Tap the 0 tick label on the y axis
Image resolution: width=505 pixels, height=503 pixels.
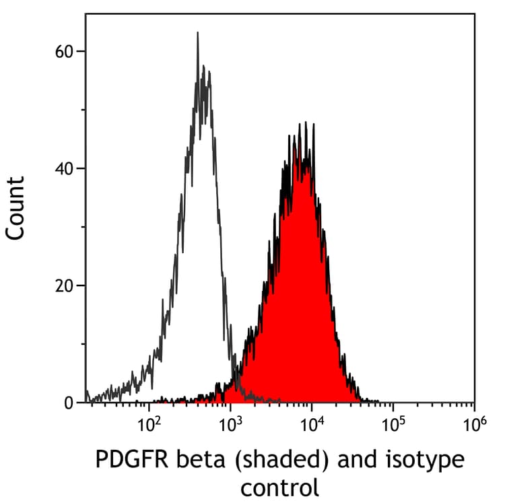[x=69, y=403]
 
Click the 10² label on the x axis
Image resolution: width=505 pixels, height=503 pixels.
[x=149, y=424]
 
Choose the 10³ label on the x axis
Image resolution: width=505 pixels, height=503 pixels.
[x=231, y=424]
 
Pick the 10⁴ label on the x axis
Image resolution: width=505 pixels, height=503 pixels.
[x=312, y=424]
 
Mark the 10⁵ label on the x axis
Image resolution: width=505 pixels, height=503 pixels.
[x=393, y=424]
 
